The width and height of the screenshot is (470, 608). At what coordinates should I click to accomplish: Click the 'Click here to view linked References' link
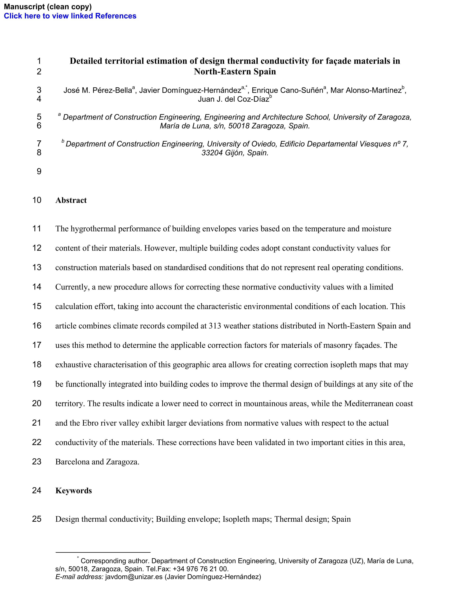(x=70, y=16)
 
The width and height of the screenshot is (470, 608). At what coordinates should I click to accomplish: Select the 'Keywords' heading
(x=74, y=491)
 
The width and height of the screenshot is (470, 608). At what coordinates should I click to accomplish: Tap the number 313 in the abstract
(x=215, y=326)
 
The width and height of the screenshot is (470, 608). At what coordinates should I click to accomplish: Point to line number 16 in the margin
(x=37, y=325)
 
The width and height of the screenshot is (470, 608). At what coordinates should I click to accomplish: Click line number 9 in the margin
(x=39, y=171)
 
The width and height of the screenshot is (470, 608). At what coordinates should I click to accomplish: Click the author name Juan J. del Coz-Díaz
(x=233, y=99)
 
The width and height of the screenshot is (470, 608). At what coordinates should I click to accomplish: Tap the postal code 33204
(x=212, y=153)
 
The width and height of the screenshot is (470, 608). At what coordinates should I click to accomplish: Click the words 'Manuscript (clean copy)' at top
(x=48, y=6)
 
